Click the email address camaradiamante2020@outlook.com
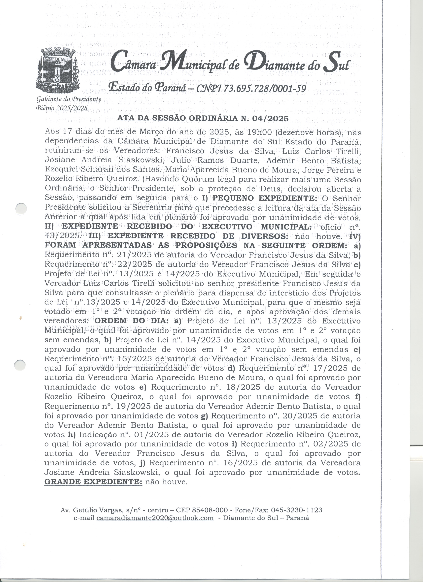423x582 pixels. (155, 518)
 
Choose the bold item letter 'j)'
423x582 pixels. (142, 463)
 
